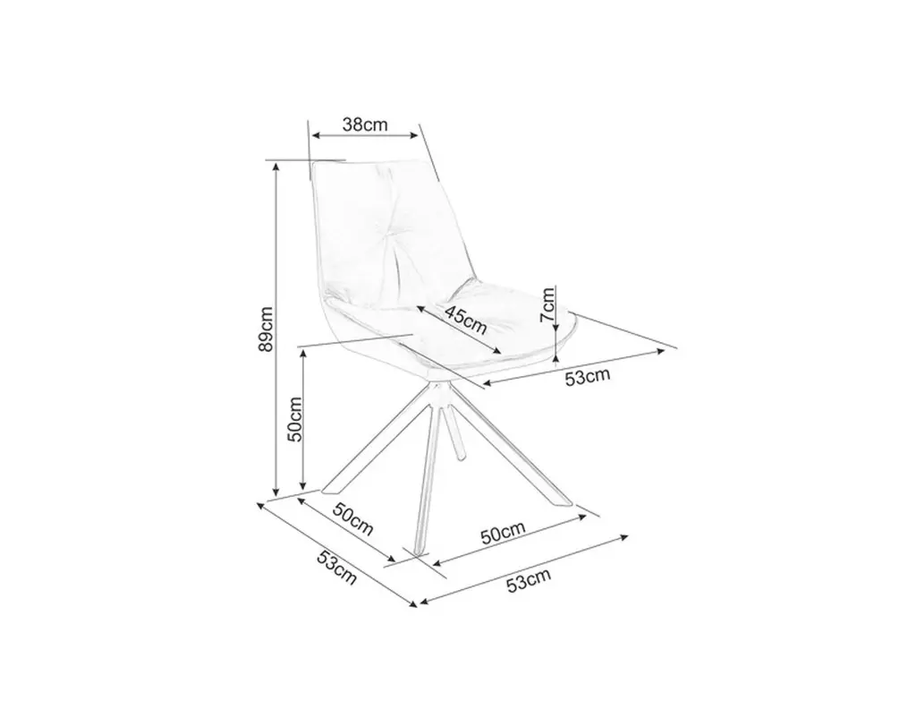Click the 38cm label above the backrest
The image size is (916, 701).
point(365,124)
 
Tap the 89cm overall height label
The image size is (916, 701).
point(265,329)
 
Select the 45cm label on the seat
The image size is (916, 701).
point(465,320)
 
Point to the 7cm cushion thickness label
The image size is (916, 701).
point(547,304)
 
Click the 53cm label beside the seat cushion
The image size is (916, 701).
point(587,377)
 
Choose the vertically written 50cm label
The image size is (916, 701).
point(295,419)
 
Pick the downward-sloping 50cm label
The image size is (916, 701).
point(352,518)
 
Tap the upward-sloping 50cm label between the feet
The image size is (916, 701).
point(503,533)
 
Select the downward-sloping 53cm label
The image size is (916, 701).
point(336,567)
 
